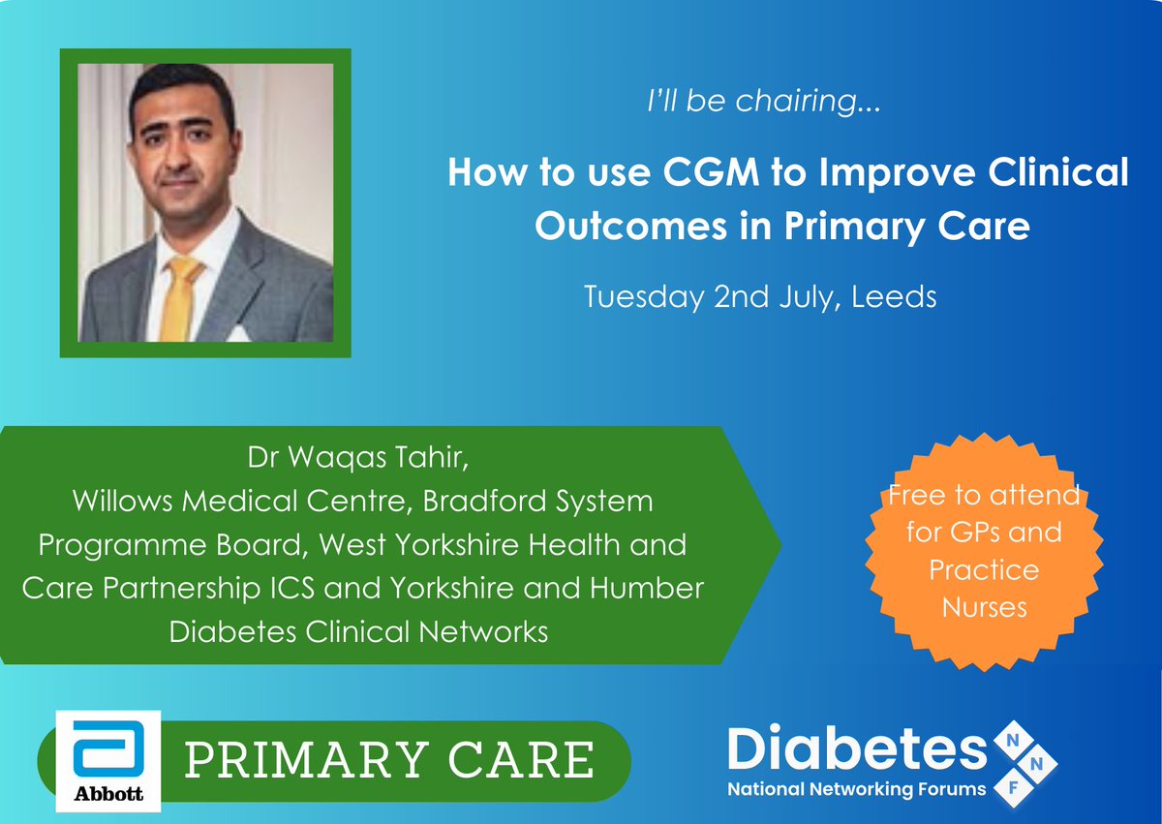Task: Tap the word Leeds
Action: [x=894, y=296]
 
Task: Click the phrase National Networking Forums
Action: [x=857, y=789]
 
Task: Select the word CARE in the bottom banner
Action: [x=527, y=760]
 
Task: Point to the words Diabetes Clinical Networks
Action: [x=359, y=631]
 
